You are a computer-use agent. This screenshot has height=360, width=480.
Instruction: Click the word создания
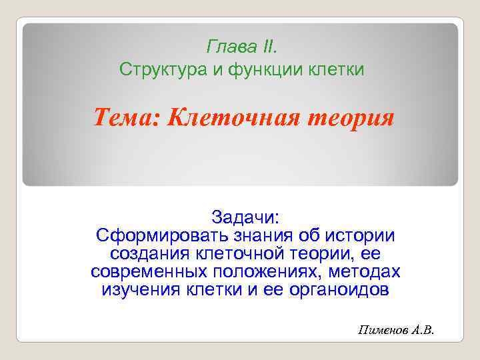tap(150, 254)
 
